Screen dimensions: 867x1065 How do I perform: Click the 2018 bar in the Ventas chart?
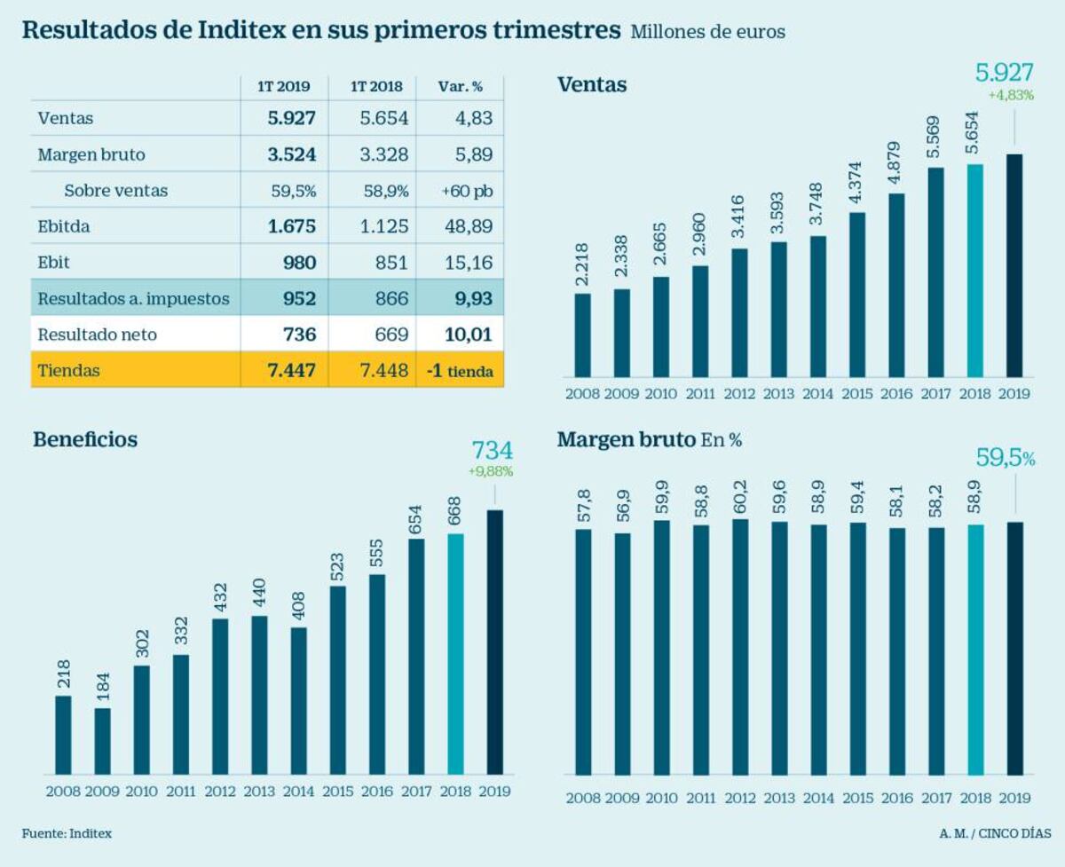pos(975,270)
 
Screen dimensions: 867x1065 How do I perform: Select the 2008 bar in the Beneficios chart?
pos(63,735)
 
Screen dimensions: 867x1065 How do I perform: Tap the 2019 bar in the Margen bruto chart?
pos(1014,648)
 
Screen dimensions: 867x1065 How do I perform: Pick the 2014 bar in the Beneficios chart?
pos(298,701)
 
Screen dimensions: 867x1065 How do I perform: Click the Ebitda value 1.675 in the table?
pos(292,226)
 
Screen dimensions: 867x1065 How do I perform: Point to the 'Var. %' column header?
pos(460,87)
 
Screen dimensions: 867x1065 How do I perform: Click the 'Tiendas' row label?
pos(68,371)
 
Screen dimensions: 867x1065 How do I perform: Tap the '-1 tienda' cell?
pos(460,371)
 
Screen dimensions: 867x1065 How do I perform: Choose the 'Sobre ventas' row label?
pos(115,191)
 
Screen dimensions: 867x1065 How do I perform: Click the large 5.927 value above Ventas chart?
pos(1004,73)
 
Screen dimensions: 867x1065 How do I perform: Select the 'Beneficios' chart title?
pos(85,439)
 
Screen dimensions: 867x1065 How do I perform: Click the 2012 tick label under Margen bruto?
pos(740,799)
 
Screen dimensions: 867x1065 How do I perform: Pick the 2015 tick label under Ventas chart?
pos(856,393)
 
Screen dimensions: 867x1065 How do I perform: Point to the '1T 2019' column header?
pos(284,87)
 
